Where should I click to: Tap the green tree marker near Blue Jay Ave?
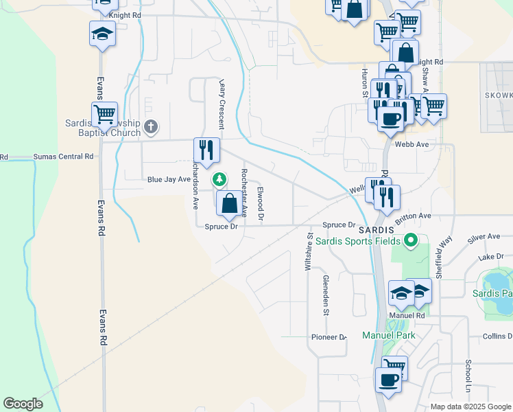pyautogui.click(x=219, y=180)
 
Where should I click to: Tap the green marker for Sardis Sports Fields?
pyautogui.click(x=410, y=240)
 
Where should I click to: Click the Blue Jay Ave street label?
pyautogui.click(x=169, y=179)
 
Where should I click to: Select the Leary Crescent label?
pyautogui.click(x=222, y=103)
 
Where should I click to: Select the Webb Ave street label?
pyautogui.click(x=411, y=144)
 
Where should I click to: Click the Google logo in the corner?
pyautogui.click(x=23, y=404)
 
